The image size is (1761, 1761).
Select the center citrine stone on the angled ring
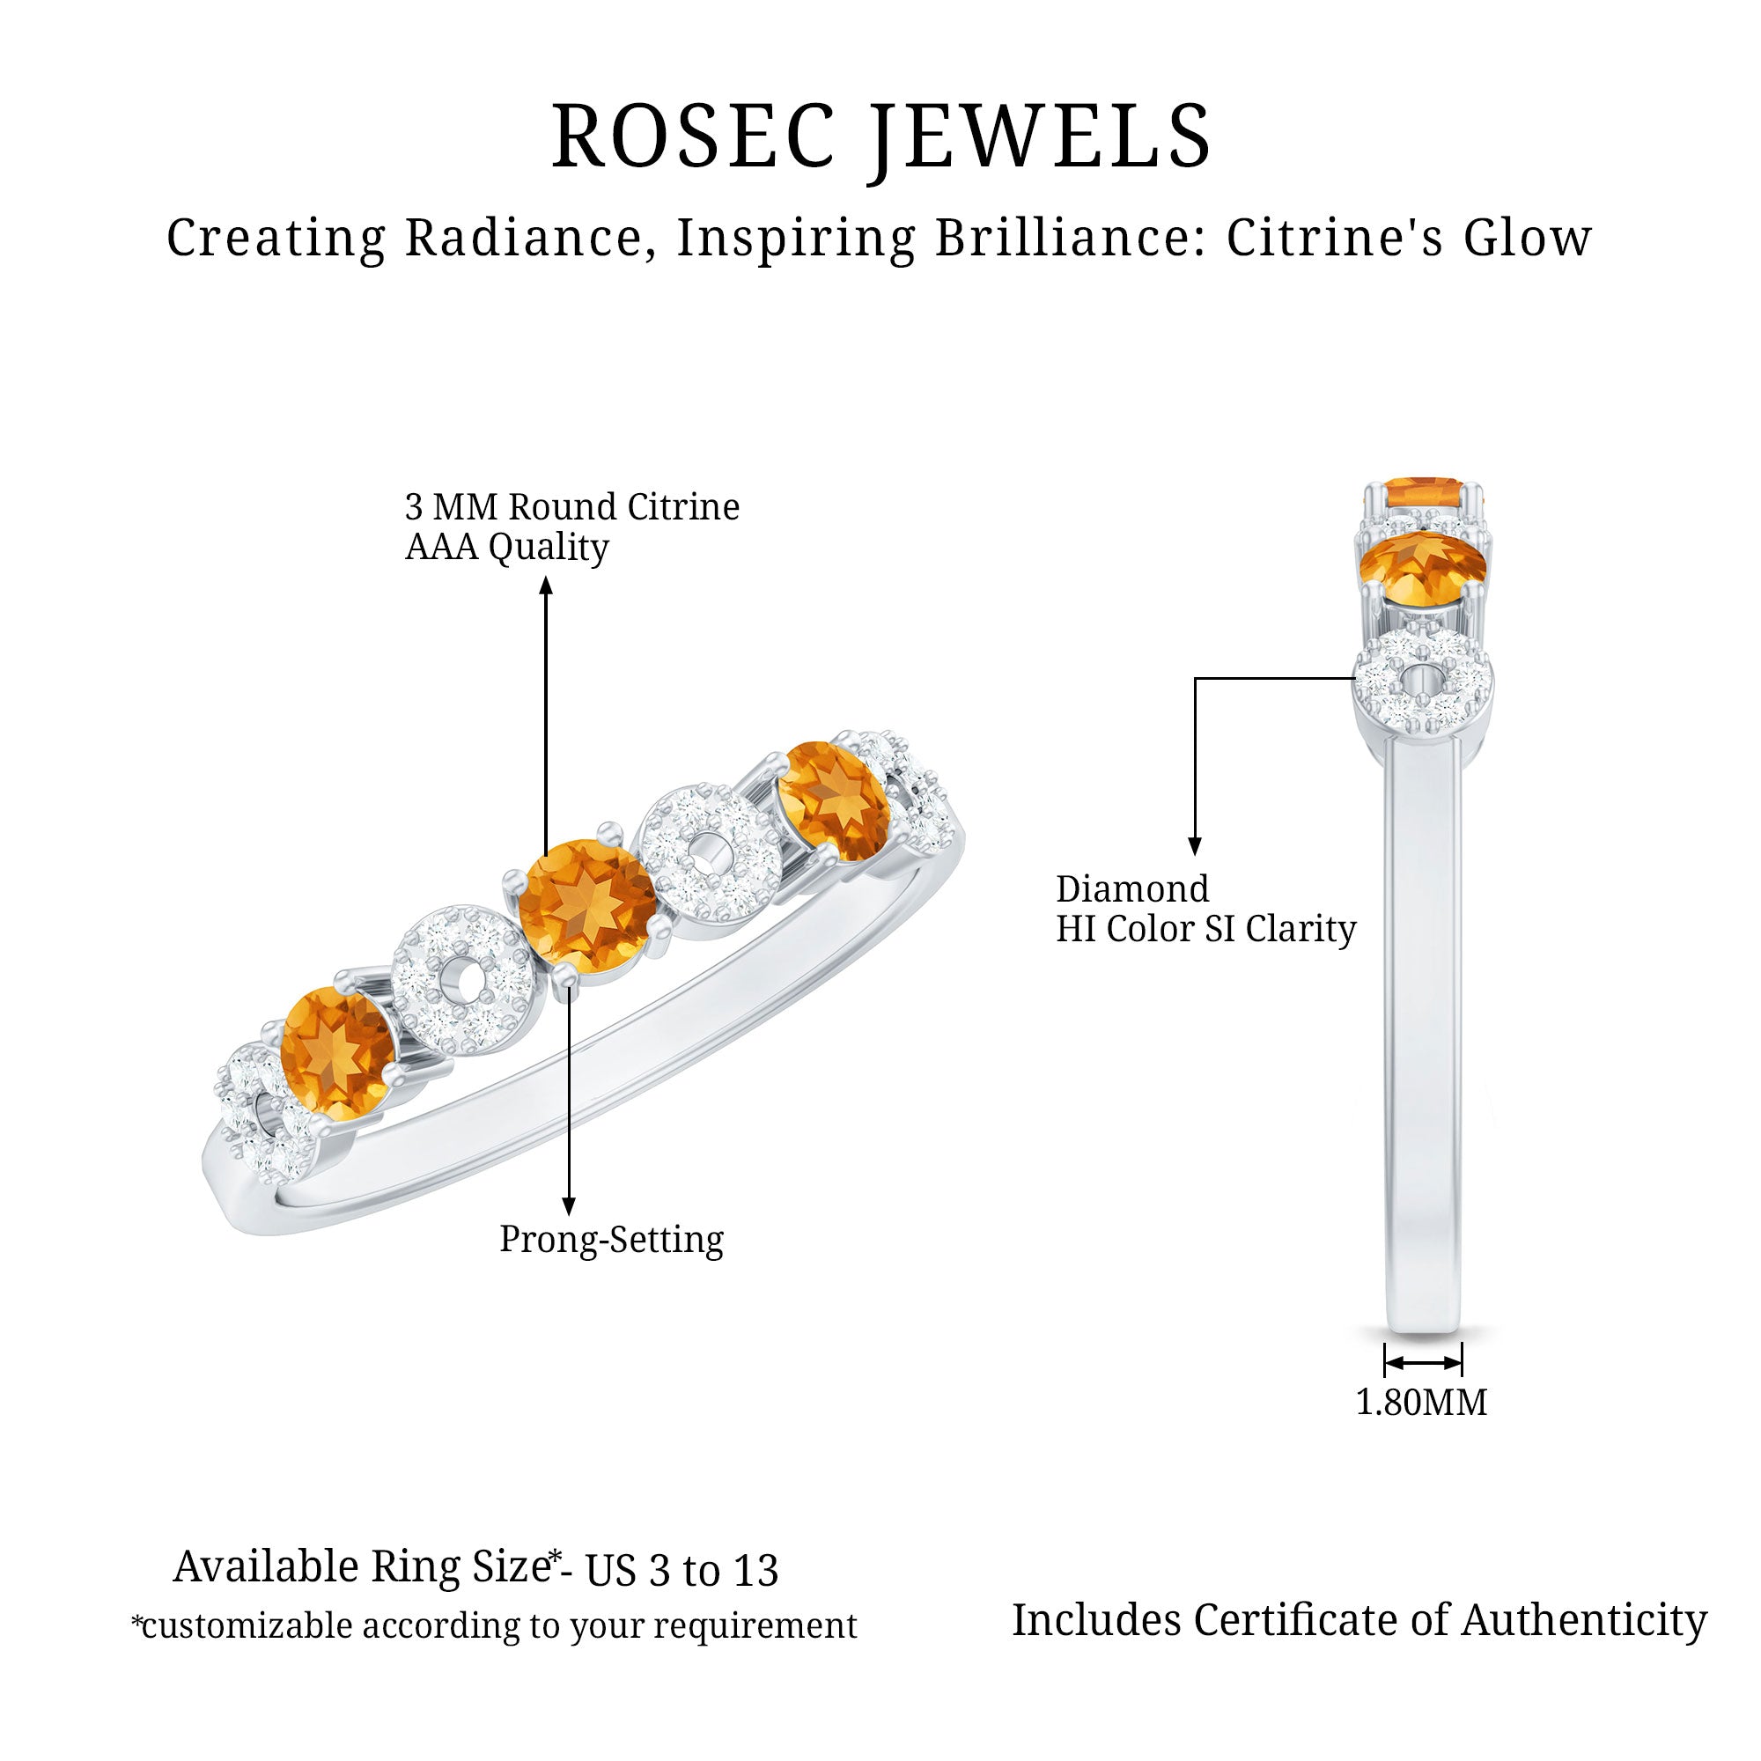pyautogui.click(x=586, y=906)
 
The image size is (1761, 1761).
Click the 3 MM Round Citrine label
pyautogui.click(x=571, y=507)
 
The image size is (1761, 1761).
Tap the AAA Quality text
pyautogui.click(x=507, y=547)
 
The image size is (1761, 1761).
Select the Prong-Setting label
pyautogui.click(x=611, y=1240)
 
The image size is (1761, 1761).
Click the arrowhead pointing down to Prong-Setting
pyautogui.click(x=568, y=1206)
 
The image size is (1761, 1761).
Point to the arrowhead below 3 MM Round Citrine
pyautogui.click(x=546, y=586)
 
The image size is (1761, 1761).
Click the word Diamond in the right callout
pyautogui.click(x=1132, y=889)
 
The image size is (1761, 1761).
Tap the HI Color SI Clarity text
pyautogui.click(x=1206, y=930)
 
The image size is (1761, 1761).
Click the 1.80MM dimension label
pyautogui.click(x=1421, y=1403)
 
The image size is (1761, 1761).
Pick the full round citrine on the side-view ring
pyautogui.click(x=1422, y=569)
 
